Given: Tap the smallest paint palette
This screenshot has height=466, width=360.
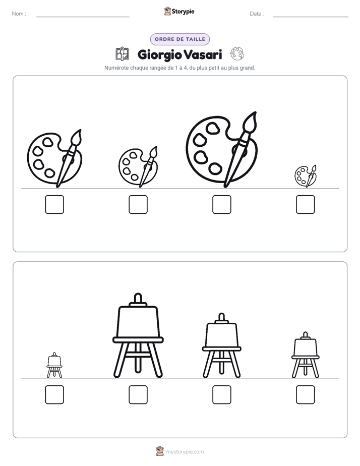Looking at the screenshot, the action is pyautogui.click(x=306, y=176).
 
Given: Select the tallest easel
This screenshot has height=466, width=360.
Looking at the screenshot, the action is pyautogui.click(x=138, y=336).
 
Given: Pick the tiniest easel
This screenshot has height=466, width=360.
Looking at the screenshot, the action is pyautogui.click(x=54, y=365).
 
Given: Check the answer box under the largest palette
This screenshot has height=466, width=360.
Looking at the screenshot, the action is pyautogui.click(x=221, y=204).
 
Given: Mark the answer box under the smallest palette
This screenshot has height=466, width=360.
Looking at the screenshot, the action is pyautogui.click(x=306, y=204).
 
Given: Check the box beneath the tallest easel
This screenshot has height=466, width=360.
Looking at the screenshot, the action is pyautogui.click(x=138, y=395).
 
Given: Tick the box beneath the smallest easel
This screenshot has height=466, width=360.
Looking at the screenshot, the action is pyautogui.click(x=54, y=395).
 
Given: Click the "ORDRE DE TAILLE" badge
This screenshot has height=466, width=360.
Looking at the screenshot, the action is pyautogui.click(x=180, y=39).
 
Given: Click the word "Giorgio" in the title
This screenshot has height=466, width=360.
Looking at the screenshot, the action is pyautogui.click(x=159, y=55).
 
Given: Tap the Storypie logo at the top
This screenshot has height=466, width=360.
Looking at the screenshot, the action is pyautogui.click(x=179, y=11).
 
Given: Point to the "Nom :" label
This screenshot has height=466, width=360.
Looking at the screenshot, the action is pyautogui.click(x=19, y=14).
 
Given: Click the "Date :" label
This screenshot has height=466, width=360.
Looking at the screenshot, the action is pyautogui.click(x=257, y=14).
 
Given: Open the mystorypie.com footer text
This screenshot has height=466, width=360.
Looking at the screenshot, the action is pyautogui.click(x=185, y=452).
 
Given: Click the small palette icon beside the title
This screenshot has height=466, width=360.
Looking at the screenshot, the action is pyautogui.click(x=237, y=54).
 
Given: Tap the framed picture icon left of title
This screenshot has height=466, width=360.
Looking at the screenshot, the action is pyautogui.click(x=122, y=54).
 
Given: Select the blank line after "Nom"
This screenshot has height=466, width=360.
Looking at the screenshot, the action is pyautogui.click(x=83, y=17).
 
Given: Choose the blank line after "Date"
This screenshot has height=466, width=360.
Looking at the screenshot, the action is pyautogui.click(x=311, y=17).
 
